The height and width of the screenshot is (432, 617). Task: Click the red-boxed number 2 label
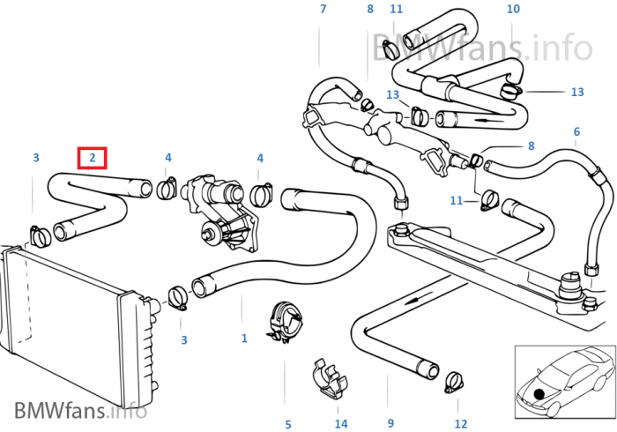(92, 158)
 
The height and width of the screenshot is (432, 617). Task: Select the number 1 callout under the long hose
(244, 338)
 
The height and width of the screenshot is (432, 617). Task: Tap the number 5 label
(286, 424)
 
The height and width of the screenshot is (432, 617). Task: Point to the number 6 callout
(576, 132)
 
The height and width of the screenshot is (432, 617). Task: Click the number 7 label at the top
(323, 10)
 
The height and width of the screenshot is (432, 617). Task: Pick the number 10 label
(513, 10)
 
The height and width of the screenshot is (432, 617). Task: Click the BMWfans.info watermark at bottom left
(80, 410)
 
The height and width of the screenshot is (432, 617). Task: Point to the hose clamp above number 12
(454, 382)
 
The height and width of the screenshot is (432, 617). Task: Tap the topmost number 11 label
(397, 10)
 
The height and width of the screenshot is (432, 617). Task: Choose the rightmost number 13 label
(577, 92)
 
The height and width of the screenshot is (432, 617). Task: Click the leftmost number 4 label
(167, 158)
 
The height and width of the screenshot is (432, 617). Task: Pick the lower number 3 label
(183, 339)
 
